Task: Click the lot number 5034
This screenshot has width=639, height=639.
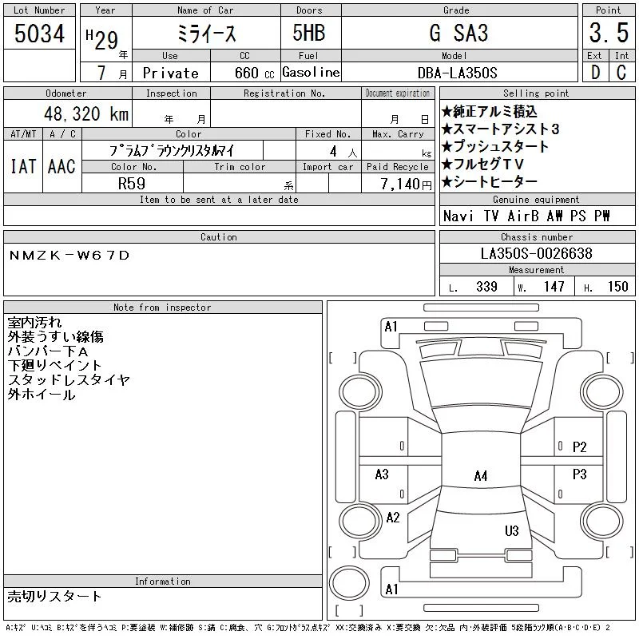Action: tap(39, 34)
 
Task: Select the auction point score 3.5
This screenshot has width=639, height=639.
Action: tap(609, 33)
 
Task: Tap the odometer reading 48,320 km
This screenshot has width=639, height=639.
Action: tap(86, 113)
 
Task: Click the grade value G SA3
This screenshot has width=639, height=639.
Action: tap(458, 33)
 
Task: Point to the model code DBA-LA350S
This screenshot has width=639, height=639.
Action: tap(457, 73)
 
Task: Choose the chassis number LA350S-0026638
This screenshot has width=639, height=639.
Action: tap(536, 253)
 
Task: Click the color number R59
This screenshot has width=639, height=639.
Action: tap(132, 184)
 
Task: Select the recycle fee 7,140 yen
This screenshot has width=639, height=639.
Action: tap(406, 184)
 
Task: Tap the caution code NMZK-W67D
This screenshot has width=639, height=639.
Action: tap(69, 256)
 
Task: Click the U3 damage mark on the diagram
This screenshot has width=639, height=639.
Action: tap(512, 530)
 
